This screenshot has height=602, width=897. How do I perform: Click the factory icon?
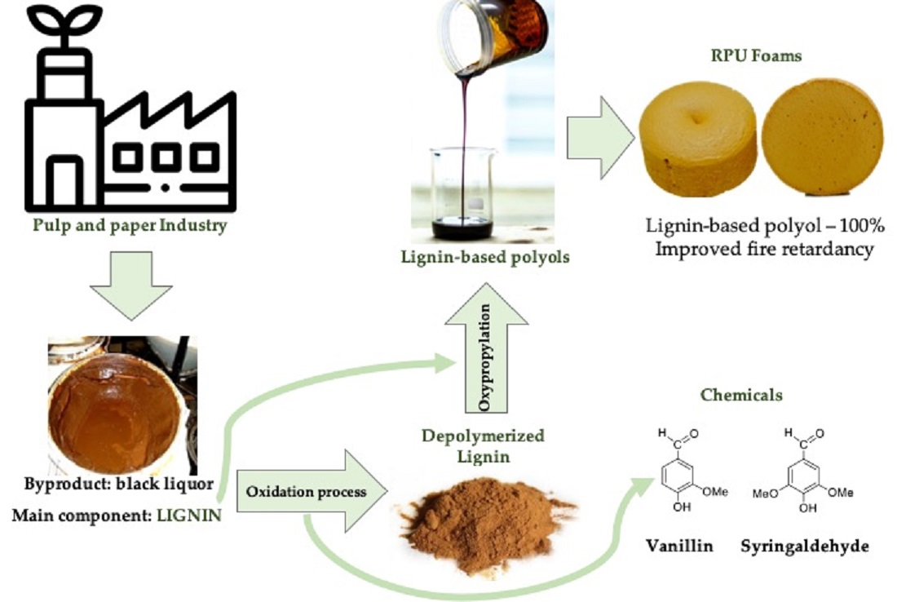[x=130, y=139]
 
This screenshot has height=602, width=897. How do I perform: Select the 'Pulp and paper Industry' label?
[x=130, y=226]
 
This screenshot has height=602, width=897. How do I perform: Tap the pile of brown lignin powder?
[x=481, y=522]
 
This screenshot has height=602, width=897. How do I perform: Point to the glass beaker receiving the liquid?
[x=462, y=192]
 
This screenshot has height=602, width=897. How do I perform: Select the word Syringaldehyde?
[x=804, y=546]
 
